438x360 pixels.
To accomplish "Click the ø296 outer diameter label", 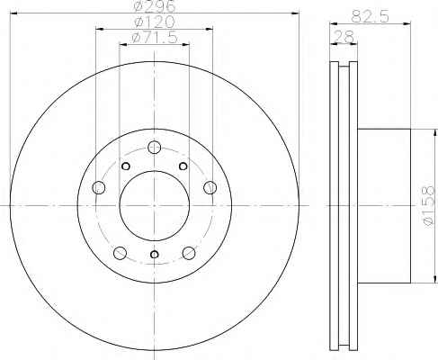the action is pos(155,6).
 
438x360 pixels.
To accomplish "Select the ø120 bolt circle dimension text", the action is pos(155,22).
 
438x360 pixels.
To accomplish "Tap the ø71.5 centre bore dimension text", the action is pos(155,38).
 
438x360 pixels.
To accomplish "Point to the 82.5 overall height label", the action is pos(370,16).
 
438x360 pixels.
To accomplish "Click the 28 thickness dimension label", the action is pos(344,37).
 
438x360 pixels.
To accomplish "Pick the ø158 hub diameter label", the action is pos(428,205).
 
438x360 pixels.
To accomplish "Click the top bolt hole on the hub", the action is pos(155,147).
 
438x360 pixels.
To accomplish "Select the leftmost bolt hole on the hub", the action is pos(99,187).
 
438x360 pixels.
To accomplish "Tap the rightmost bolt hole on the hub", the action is pos(210,187).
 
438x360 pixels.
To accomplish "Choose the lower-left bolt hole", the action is pos(120,253).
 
